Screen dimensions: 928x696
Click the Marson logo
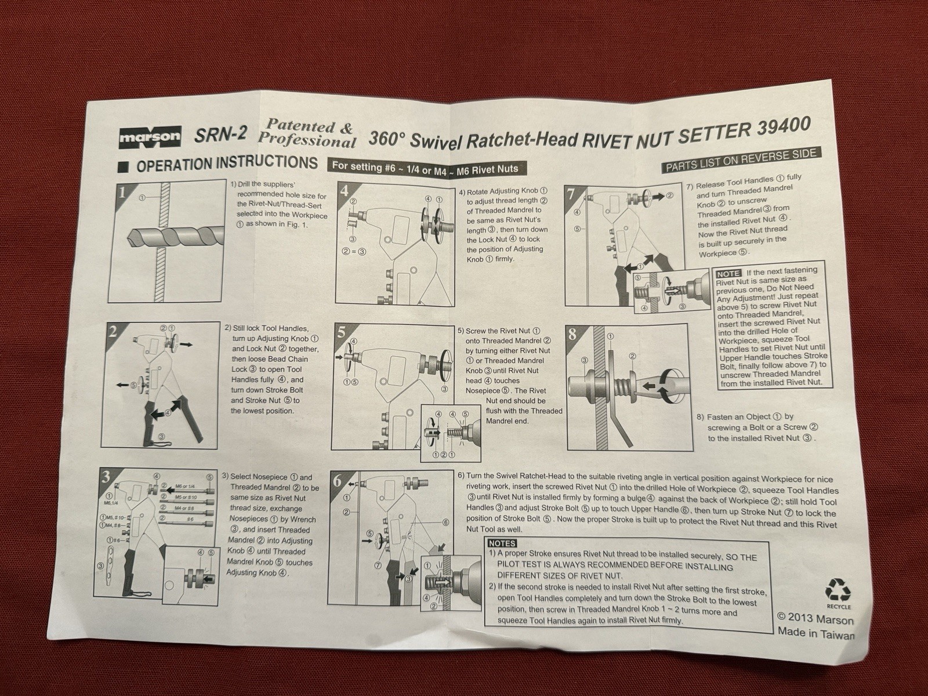(150, 137)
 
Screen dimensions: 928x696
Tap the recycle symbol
(838, 589)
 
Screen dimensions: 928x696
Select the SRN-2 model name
(220, 135)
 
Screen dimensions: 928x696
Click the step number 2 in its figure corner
(113, 332)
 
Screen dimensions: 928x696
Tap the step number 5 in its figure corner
(342, 333)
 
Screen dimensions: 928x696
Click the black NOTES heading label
(502, 543)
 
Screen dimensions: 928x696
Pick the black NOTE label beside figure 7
(728, 274)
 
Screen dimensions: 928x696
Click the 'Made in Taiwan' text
(815, 633)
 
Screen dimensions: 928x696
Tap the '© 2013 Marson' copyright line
(815, 618)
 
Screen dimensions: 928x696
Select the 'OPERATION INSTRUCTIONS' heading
(227, 164)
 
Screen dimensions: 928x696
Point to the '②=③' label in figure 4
(354, 252)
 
